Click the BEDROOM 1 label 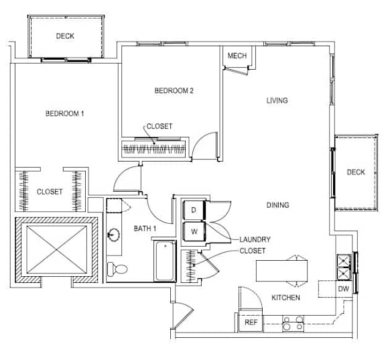pyautogui.click(x=65, y=113)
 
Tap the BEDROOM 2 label pyautogui.click(x=174, y=91)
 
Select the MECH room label pyautogui.click(x=237, y=56)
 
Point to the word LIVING pyautogui.click(x=277, y=101)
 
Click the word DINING pyautogui.click(x=277, y=205)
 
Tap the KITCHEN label pyautogui.click(x=285, y=298)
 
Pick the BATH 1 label pyautogui.click(x=145, y=229)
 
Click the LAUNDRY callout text pyautogui.click(x=255, y=239)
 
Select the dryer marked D pyautogui.click(x=194, y=210)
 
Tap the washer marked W pyautogui.click(x=194, y=231)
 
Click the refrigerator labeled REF pyautogui.click(x=251, y=322)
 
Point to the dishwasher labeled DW pyautogui.click(x=343, y=289)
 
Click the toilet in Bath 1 pyautogui.click(x=117, y=269)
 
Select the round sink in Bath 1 pyautogui.click(x=113, y=234)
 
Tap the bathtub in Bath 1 pyautogui.click(x=165, y=261)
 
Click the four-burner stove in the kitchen pyautogui.click(x=293, y=324)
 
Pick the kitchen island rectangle pyautogui.click(x=281, y=271)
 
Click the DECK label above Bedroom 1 pyautogui.click(x=65, y=36)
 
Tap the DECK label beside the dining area pyautogui.click(x=356, y=172)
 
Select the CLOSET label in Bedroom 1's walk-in pyautogui.click(x=50, y=192)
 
